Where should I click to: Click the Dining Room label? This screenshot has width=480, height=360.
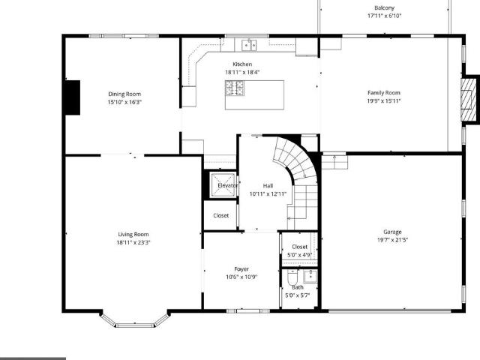[x=124, y=94]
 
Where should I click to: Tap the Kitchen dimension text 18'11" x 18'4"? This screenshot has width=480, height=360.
[x=242, y=72]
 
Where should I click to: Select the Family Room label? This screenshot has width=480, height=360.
[x=384, y=93]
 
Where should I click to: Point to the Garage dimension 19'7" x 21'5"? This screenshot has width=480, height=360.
[x=392, y=240]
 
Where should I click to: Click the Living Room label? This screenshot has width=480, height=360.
[x=133, y=235]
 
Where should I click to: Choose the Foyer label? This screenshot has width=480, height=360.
[x=241, y=269]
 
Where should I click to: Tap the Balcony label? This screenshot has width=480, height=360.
[x=385, y=8]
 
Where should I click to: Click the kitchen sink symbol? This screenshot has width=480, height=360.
[x=249, y=45]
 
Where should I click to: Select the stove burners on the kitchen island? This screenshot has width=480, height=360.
[x=235, y=88]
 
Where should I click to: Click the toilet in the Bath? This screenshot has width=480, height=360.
[x=292, y=277]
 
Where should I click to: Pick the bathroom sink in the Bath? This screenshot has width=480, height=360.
[x=310, y=277]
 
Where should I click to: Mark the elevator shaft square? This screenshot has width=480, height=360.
[x=223, y=185]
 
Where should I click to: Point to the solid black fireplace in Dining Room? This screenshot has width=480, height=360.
[x=73, y=97]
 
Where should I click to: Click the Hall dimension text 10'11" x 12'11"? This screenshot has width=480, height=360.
[x=268, y=193]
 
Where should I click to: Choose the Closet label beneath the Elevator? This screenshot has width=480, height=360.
[x=221, y=215]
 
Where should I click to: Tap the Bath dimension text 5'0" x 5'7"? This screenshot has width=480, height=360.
[x=298, y=295]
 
